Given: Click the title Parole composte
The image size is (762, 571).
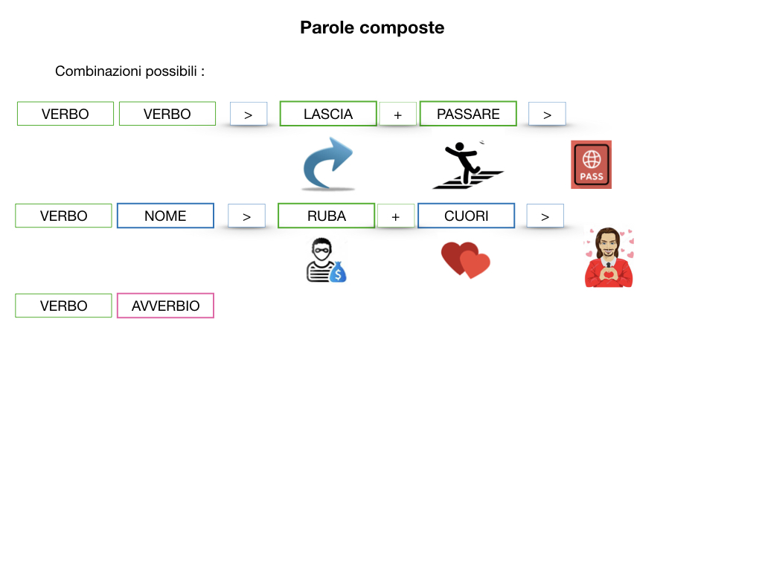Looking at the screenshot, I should tap(372, 28).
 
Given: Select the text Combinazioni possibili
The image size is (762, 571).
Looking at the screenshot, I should tap(129, 71).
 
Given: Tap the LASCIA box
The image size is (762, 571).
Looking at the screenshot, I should tap(328, 114).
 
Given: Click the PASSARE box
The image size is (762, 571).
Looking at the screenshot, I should tap(468, 114).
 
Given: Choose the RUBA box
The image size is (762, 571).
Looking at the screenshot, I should tap(326, 216).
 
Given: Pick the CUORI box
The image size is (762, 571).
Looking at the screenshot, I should tap(466, 216).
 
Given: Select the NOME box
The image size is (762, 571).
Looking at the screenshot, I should tap(165, 216).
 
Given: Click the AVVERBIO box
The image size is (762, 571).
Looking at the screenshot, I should tap(165, 306).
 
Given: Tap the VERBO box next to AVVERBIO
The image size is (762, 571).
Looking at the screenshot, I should tap(63, 306).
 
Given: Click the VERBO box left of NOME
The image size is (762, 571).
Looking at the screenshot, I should tap(63, 216).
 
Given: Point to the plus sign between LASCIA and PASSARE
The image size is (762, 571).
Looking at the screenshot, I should tap(398, 114).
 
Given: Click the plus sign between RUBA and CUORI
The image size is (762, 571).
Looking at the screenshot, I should tap(396, 216).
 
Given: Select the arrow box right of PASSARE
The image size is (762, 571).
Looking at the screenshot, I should tap(547, 114).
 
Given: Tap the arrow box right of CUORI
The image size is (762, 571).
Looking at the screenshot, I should tap(545, 216).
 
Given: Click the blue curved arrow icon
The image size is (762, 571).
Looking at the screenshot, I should tap(328, 164).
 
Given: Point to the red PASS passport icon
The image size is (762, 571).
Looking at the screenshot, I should tap(591, 164).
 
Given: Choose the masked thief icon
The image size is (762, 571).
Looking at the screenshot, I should tap(326, 260).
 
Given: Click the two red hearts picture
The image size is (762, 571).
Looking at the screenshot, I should tap(466, 260).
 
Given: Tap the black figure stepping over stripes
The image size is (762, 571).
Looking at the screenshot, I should tap(467, 165).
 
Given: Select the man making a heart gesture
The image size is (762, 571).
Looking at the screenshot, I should tap(609, 258).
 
